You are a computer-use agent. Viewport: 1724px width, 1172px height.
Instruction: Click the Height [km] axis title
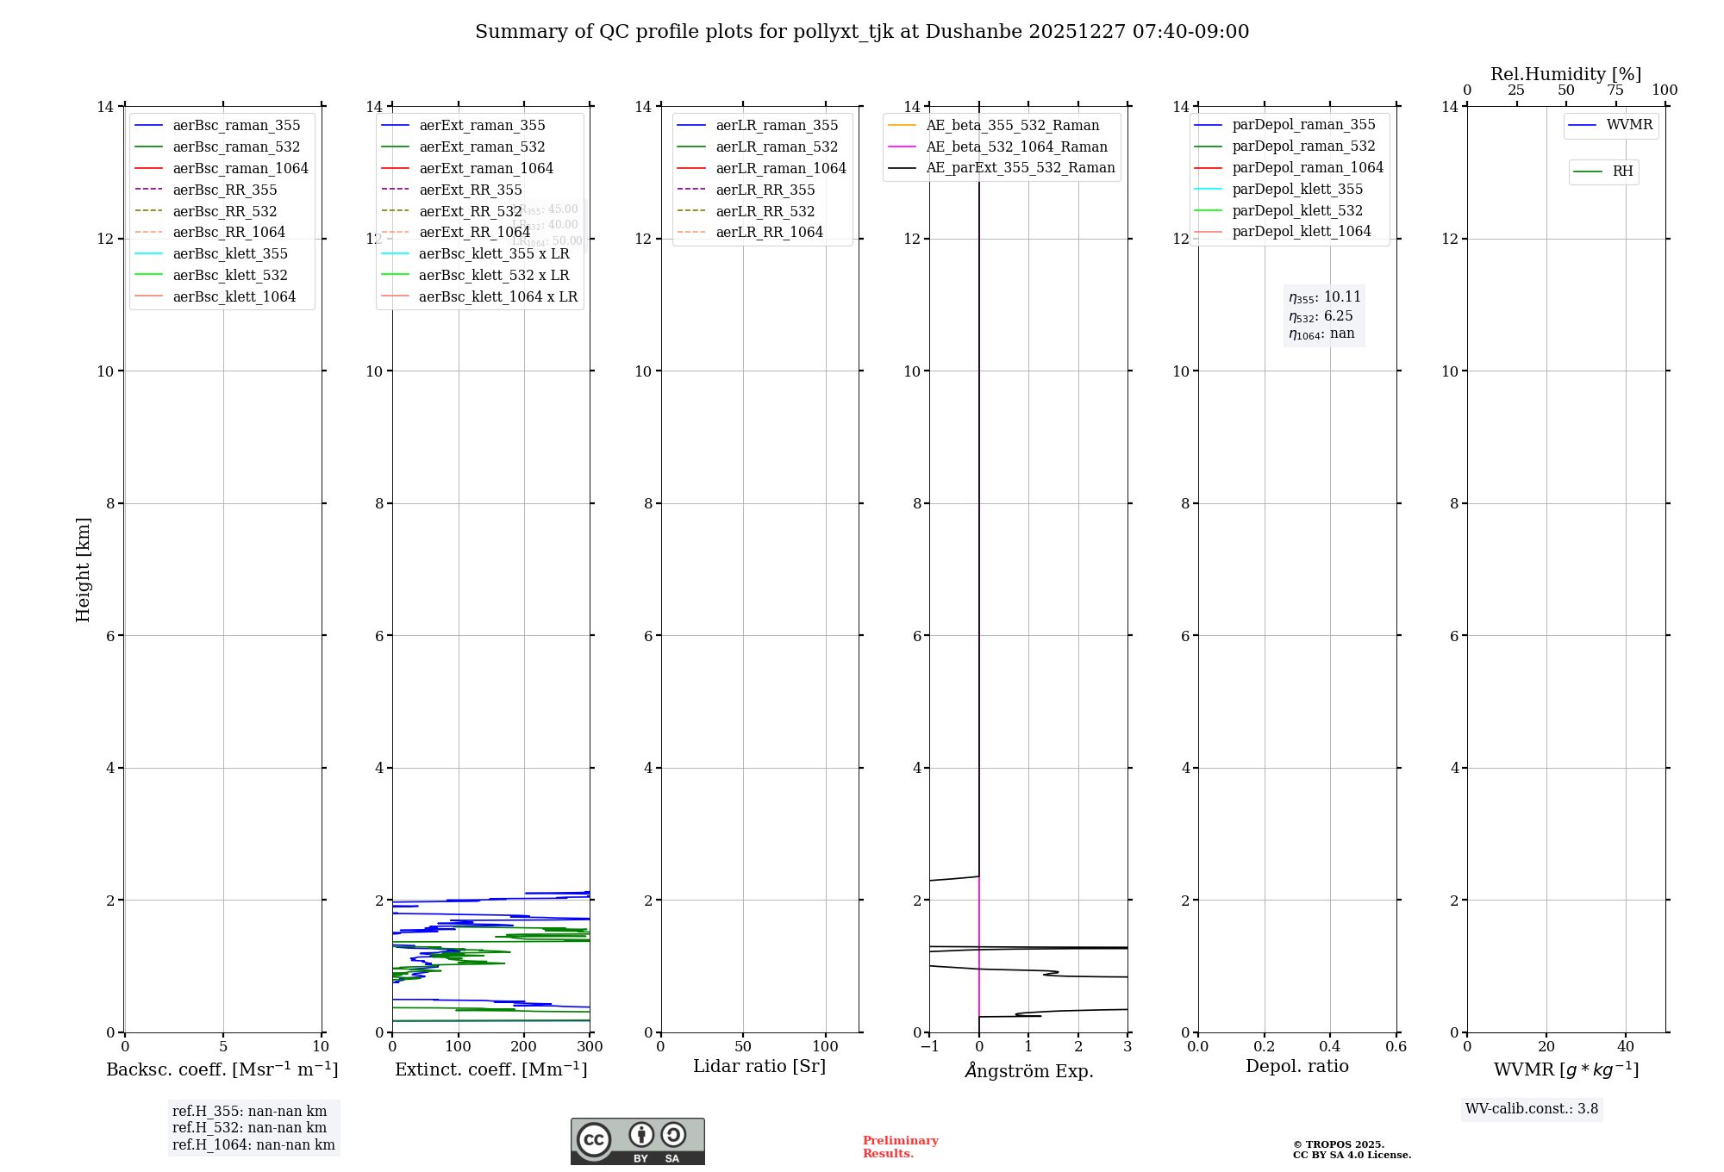coord(83,569)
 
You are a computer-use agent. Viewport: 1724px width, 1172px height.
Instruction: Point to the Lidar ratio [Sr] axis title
coord(759,1066)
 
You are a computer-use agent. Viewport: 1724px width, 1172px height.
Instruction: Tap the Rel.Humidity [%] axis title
coord(1565,74)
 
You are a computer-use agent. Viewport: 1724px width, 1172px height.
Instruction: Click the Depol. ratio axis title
coord(1296,1066)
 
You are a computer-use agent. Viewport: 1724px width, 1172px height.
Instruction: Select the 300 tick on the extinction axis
coord(590,1047)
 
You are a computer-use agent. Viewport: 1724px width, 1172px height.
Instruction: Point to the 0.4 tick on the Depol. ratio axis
coord(1330,1047)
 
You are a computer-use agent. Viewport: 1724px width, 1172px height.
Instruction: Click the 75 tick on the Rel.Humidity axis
coord(1615,90)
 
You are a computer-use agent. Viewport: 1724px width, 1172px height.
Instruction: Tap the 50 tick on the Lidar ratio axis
coord(743,1047)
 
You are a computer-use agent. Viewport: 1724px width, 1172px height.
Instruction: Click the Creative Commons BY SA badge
coord(637,1141)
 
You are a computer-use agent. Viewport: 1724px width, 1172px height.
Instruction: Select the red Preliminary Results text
coord(900,1147)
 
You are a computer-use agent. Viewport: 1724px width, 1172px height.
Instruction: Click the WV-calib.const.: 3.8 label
coord(1531,1109)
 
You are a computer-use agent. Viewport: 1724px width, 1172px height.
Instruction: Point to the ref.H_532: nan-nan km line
coord(249,1127)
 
